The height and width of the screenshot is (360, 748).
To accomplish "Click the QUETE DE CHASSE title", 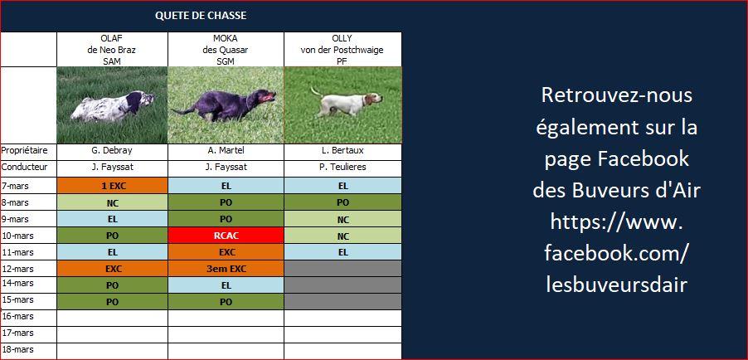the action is tap(201, 16).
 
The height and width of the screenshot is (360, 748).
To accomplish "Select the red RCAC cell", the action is tap(226, 236).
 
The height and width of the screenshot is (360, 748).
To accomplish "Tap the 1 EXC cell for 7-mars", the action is tap(112, 186).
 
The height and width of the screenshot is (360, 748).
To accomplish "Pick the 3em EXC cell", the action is tap(226, 268).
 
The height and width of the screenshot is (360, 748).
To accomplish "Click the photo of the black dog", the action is tap(226, 105).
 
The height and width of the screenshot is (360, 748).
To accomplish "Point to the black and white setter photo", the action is tap(112, 105).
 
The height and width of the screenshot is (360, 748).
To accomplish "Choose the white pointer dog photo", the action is tap(343, 105).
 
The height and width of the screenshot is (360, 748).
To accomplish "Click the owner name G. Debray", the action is tap(112, 151).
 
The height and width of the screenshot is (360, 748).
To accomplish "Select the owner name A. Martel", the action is tap(226, 151).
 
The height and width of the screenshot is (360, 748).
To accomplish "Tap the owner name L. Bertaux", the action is tap(343, 151).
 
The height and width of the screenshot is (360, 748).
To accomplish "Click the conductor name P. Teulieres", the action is tap(343, 168).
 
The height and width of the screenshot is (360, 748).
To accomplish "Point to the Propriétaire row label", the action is tap(24, 151).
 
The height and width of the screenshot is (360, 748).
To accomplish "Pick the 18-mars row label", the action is tap(17, 349).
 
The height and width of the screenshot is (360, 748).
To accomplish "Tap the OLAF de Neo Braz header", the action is tap(112, 49).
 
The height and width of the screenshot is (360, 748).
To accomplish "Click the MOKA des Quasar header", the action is tap(226, 49).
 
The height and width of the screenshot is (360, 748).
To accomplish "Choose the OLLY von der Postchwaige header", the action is tap(342, 49).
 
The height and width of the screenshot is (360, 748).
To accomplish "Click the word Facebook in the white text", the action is tap(643, 159).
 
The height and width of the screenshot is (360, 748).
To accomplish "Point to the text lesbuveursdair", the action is tap(616, 285).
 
